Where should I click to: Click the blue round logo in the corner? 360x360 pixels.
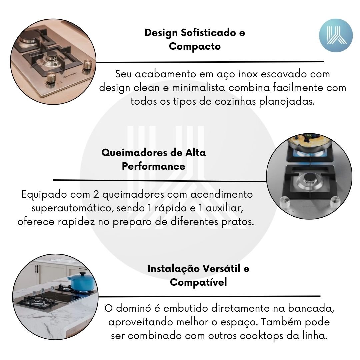(x=336, y=35)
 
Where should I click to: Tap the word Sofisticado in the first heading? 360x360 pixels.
(x=208, y=33)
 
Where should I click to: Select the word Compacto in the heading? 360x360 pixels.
(x=195, y=46)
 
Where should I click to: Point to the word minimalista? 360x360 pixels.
(x=199, y=88)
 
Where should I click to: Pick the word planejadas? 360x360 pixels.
(x=287, y=102)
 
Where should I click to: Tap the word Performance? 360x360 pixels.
(x=153, y=166)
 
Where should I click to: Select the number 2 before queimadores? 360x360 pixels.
(x=96, y=194)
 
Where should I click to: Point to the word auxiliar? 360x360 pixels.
(x=224, y=208)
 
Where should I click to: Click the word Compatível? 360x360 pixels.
(x=198, y=282)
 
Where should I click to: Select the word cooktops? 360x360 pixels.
(x=262, y=336)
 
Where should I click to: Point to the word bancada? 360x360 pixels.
(x=311, y=308)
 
